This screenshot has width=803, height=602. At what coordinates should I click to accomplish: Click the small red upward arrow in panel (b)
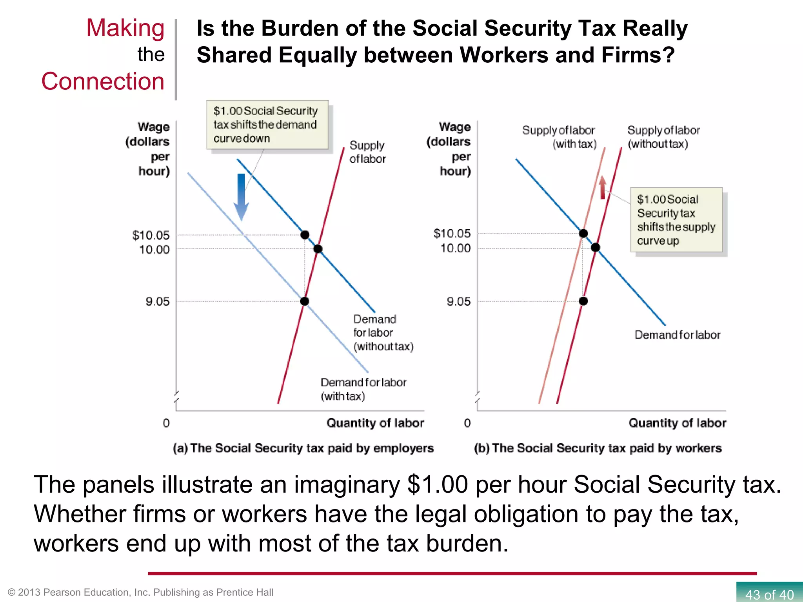(x=603, y=188)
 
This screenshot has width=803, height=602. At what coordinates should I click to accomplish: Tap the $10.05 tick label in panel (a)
(x=151, y=235)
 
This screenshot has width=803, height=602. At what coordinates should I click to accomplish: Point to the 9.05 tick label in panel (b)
(x=458, y=301)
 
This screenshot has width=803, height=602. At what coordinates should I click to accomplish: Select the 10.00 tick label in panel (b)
(x=455, y=248)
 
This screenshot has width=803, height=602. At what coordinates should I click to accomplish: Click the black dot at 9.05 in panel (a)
(x=305, y=301)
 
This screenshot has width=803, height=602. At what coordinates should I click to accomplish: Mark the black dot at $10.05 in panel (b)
(x=583, y=234)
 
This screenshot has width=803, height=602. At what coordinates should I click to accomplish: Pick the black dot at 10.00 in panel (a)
(x=318, y=249)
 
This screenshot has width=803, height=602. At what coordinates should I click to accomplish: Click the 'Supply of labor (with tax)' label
(x=559, y=137)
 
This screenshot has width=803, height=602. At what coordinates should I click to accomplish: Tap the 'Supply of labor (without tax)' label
(x=663, y=137)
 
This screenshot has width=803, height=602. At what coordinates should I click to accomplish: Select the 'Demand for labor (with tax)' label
(x=363, y=389)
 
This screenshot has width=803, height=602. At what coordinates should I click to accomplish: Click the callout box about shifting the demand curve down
(x=267, y=125)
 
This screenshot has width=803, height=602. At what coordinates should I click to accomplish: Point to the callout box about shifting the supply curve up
(x=676, y=220)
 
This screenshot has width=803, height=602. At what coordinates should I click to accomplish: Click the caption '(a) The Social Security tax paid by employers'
(x=303, y=448)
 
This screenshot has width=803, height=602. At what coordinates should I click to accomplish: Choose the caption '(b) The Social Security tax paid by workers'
(x=598, y=448)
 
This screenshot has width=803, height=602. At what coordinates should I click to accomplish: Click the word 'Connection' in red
(x=103, y=81)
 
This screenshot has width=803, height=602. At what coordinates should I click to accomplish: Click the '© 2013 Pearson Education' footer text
(x=140, y=592)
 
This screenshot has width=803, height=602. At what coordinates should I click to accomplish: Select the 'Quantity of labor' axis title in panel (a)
(x=375, y=423)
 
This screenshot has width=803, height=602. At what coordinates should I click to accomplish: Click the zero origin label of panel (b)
(x=467, y=423)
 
